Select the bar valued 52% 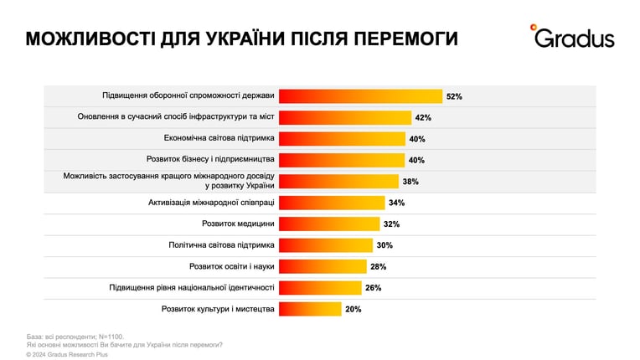360,96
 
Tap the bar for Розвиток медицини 329,224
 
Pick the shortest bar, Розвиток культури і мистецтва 310,309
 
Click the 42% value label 423,118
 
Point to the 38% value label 410,182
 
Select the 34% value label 397,203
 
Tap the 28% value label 379,266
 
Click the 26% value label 373,288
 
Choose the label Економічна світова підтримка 219,138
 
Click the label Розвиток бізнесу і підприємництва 210,159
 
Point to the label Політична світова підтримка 222,245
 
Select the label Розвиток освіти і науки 232,266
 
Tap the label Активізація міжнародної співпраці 211,203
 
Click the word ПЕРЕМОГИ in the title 405,39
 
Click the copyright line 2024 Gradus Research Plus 67,355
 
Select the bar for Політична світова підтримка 326,245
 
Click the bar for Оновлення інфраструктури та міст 345,118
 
